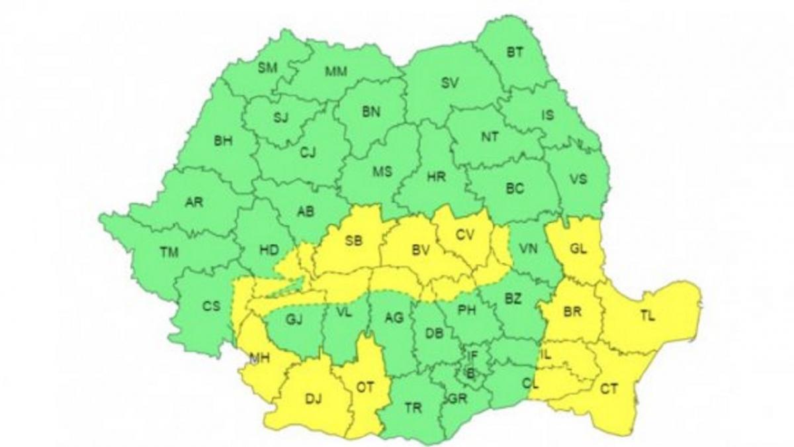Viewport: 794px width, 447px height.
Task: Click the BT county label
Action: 515,53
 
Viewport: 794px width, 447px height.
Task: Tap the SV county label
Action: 450,83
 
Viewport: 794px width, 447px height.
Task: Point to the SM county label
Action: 267,66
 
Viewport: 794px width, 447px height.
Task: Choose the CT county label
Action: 609,389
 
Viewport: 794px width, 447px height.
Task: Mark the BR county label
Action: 572,311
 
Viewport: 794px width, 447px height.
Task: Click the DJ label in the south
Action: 312,399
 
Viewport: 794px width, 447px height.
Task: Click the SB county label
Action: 354,242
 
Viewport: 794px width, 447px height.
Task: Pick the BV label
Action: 421,250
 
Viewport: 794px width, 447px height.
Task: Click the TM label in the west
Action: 169,252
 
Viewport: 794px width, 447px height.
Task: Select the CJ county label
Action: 308,153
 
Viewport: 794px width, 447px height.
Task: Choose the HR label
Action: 436,177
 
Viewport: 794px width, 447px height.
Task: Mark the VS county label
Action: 578,179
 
